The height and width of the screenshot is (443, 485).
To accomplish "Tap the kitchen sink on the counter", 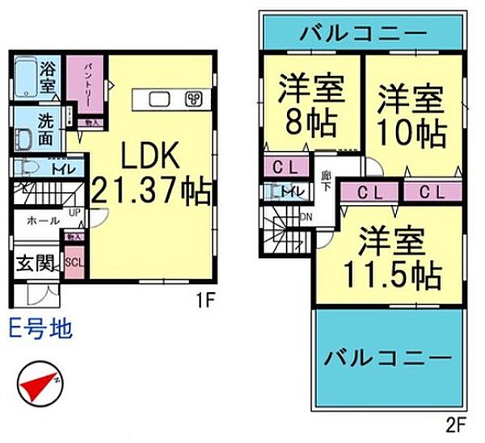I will coord(158,99).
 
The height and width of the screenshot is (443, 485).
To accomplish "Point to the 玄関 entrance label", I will coord(32,264).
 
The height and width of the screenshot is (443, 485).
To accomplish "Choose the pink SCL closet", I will coord(73,263).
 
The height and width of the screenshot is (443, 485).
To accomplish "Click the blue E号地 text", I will coord(40,329).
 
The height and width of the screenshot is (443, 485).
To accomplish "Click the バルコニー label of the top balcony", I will coord(363,34).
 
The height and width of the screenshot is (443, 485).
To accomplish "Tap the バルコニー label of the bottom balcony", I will coord(387,357).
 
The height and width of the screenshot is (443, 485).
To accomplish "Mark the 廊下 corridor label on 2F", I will coord(325,180).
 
